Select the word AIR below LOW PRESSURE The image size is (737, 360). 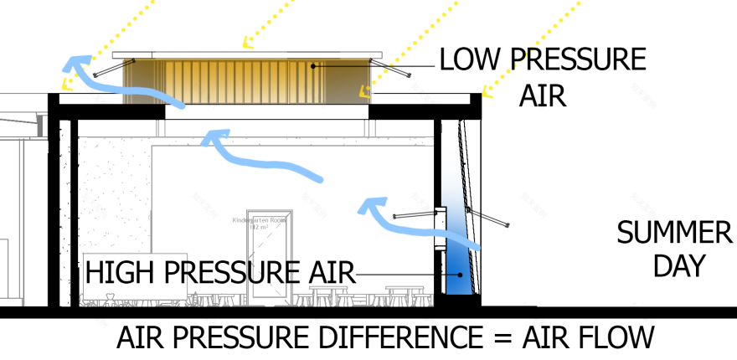[543, 95]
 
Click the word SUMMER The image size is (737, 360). [674, 232]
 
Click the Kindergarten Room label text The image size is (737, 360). [259, 223]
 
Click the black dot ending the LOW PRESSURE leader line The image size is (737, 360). [312, 65]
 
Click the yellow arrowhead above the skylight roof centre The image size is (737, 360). [245, 42]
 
